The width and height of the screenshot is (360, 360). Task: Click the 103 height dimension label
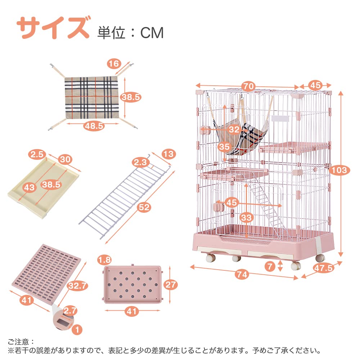coord(339,170)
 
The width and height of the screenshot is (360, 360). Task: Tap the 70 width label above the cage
coord(248,86)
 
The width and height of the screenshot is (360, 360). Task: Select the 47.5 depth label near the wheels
coord(324,268)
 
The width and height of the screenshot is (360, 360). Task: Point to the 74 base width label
coord(242,274)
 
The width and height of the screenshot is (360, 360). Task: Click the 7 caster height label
coord(270,266)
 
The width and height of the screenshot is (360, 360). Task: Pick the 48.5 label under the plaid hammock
coord(94,126)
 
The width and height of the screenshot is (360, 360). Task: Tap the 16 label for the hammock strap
coord(114,64)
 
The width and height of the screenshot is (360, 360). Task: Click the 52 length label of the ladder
coord(144,207)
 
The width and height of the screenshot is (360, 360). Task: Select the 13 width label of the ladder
coord(169,154)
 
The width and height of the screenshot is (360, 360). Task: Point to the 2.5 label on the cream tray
coord(37,154)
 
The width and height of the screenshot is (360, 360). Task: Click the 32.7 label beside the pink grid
coord(78,286)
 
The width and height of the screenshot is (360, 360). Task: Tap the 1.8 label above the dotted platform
coord(104,260)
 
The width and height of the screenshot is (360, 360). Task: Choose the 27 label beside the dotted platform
coord(171,285)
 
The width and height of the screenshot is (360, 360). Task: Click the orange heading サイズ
coord(53,28)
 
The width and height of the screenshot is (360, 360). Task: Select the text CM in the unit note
coord(152,33)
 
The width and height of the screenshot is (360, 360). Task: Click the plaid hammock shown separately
coord(91,98)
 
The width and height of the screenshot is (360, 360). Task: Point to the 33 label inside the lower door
coord(247,218)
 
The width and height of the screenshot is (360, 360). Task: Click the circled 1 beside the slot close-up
coord(77,330)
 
